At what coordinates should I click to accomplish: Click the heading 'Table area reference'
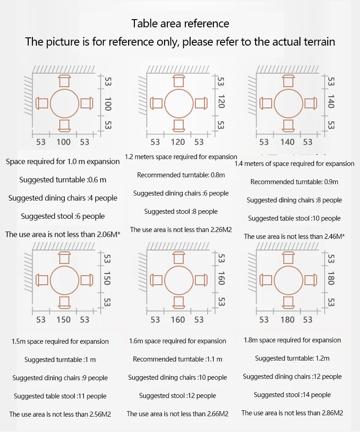(x=180, y=24)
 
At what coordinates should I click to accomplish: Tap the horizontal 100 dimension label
(x=63, y=142)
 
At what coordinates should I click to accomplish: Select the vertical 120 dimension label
(x=221, y=101)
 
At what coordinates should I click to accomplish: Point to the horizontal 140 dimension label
(x=287, y=142)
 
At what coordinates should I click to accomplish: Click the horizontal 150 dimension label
(x=63, y=320)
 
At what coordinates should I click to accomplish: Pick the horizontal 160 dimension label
(x=178, y=320)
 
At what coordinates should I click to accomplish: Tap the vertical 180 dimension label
(x=331, y=278)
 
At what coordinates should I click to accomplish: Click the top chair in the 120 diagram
(x=179, y=81)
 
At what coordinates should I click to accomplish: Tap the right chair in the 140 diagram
(x=310, y=103)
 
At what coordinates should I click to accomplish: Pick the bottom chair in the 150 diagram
(x=64, y=303)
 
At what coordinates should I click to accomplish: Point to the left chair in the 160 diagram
(x=156, y=280)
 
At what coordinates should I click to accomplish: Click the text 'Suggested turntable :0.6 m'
(x=63, y=180)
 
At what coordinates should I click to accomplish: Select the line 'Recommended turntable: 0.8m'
(x=181, y=175)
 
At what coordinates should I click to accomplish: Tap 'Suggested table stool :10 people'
(x=294, y=218)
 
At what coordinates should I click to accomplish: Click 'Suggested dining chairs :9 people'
(x=60, y=378)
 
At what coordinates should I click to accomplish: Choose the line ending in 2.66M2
(x=178, y=414)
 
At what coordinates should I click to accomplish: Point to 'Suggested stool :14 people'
(x=292, y=395)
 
